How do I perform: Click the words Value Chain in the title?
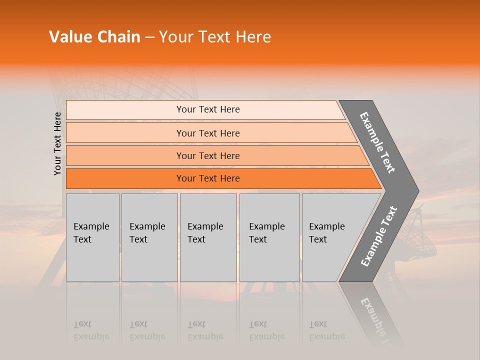[x=94, y=37]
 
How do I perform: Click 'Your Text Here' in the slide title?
[x=215, y=37]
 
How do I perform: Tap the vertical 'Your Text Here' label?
[x=57, y=143]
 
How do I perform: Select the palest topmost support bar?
[x=205, y=109]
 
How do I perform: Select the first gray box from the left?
[x=92, y=237]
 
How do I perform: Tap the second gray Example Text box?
[x=149, y=237]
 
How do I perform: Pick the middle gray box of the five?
[x=208, y=237]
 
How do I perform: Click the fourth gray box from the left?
[x=269, y=237]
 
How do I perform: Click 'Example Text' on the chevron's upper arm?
[x=377, y=142]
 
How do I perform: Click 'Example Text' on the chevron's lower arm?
[x=379, y=236]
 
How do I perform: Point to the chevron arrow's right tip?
[x=417, y=191]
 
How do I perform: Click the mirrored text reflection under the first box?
[x=91, y=331]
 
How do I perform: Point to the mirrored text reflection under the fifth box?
[x=326, y=331]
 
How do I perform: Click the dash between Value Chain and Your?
[x=149, y=37]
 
